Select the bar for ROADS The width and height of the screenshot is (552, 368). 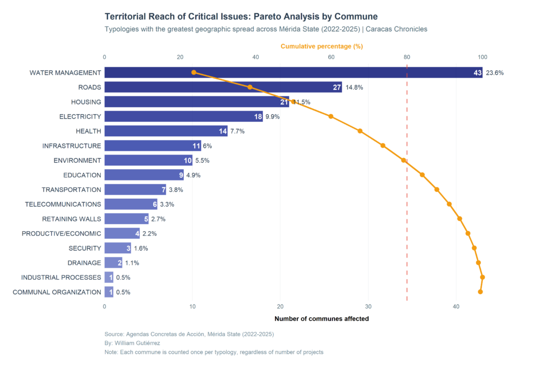tap(223, 87)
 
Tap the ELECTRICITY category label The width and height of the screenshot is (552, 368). tap(80, 116)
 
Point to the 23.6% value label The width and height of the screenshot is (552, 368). tap(494, 73)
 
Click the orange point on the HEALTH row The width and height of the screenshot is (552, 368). tap(360, 131)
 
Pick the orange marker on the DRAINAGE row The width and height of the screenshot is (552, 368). tap(479, 263)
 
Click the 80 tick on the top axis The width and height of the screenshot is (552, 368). tap(407, 57)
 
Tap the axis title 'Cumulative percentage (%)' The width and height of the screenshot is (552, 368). tap(321, 47)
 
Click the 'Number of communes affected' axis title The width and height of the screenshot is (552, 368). tap(321, 319)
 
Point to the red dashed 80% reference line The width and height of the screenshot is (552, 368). tap(407, 216)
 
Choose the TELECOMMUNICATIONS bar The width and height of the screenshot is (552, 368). tap(130, 204)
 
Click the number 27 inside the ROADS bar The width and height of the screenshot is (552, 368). tap(337, 87)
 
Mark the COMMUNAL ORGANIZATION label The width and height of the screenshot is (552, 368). tap(57, 292)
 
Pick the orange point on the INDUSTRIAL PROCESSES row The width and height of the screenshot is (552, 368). tap(482, 277)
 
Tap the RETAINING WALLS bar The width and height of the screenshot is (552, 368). tap(126, 219)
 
